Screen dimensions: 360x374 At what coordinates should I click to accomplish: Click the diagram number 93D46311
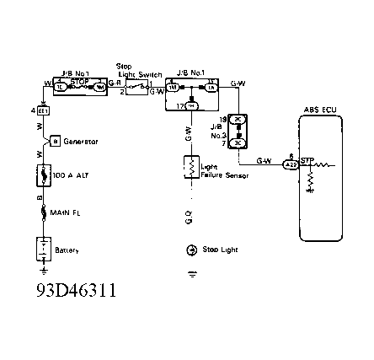point(77,292)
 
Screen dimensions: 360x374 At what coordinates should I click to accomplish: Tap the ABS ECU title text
point(319,110)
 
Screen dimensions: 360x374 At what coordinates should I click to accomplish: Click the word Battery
point(67,250)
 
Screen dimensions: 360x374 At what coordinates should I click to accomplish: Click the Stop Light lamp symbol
point(191,250)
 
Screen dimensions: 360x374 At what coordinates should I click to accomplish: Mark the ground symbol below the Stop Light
point(191,274)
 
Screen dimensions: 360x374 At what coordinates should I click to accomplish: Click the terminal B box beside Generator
point(53,141)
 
